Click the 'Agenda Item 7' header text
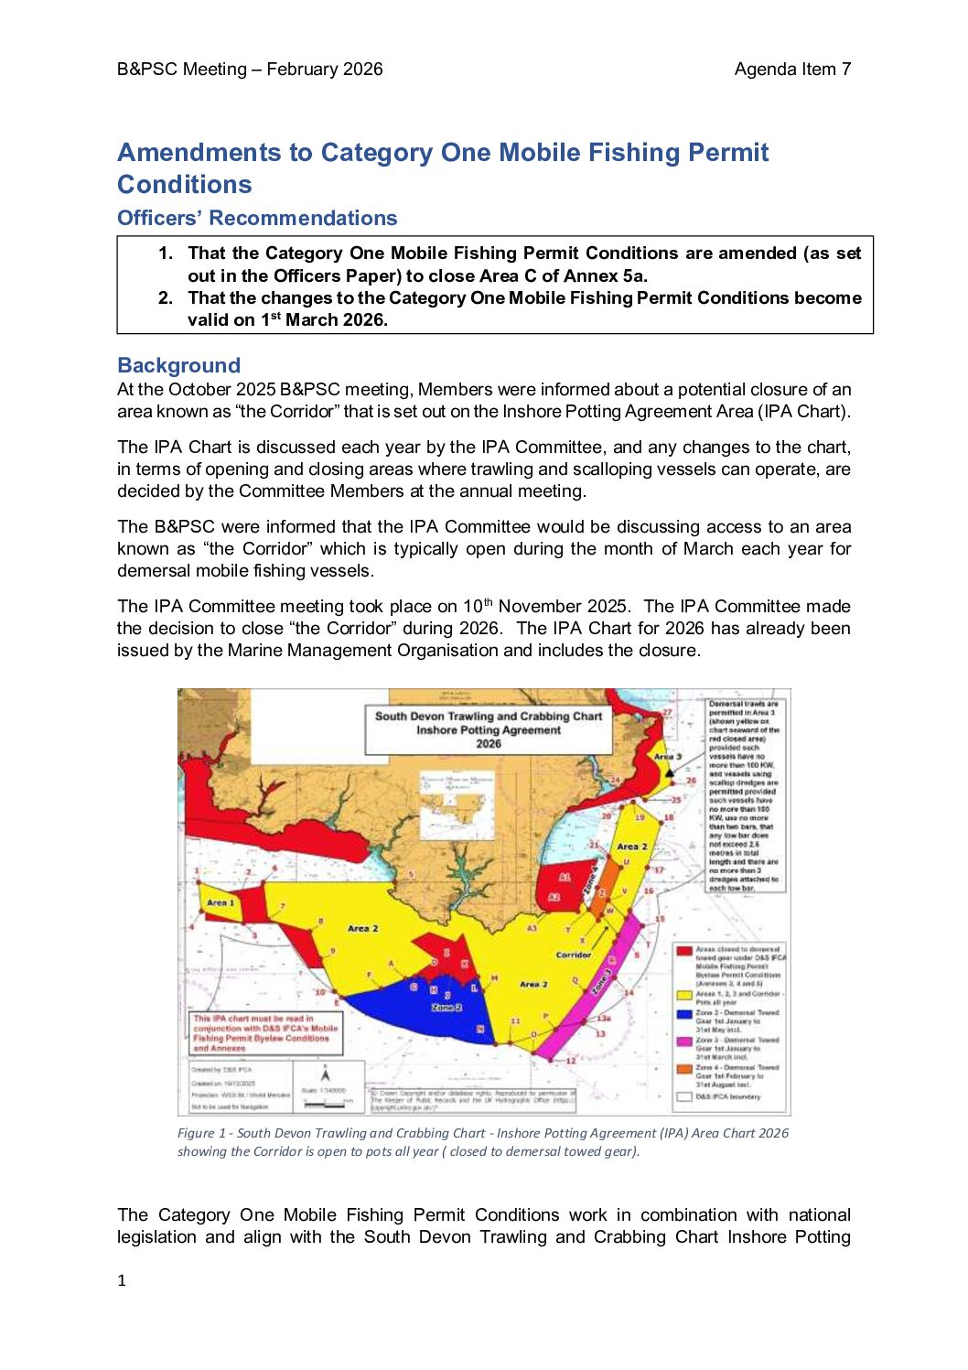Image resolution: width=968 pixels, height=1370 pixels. [792, 70]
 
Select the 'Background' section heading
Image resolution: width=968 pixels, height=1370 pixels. [178, 366]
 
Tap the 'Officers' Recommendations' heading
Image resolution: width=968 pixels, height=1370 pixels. [257, 218]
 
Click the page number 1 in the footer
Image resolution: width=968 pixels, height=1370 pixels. [122, 1280]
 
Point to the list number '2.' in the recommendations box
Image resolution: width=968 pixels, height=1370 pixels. [166, 298]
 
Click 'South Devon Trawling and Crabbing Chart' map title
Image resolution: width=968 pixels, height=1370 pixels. [488, 717]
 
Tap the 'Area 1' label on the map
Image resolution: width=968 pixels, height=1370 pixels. [220, 902]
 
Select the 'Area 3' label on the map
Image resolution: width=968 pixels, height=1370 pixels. [667, 757]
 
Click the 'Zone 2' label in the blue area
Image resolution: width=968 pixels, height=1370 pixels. [446, 1007]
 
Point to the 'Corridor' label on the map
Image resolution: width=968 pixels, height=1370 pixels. [574, 955]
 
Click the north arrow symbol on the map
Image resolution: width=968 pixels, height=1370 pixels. [325, 1075]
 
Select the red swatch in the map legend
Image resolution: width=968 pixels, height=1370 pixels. [683, 951]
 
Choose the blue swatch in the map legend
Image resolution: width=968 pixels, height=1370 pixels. [683, 1014]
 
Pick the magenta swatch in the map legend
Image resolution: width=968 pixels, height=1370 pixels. [683, 1041]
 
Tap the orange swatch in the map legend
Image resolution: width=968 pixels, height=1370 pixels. [683, 1068]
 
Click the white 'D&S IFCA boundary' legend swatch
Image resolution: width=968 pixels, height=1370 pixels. [683, 1095]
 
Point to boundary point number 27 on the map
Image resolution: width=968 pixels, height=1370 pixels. [667, 712]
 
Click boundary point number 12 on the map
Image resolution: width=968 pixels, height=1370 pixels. [571, 1061]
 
